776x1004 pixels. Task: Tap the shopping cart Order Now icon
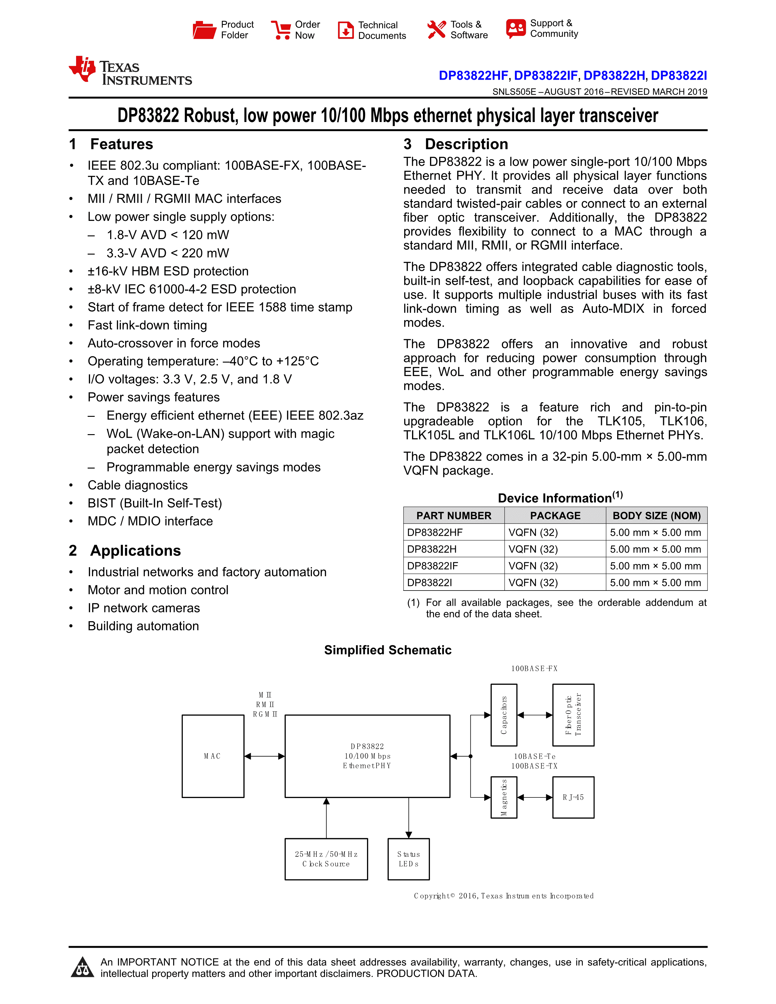point(281,30)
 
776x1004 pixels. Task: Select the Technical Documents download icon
point(345,30)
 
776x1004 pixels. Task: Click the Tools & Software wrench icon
point(436,30)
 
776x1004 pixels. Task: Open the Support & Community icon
point(516,29)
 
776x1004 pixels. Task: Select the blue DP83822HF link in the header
point(473,75)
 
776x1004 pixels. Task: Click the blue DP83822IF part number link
point(546,75)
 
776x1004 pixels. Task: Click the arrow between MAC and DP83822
point(264,756)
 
